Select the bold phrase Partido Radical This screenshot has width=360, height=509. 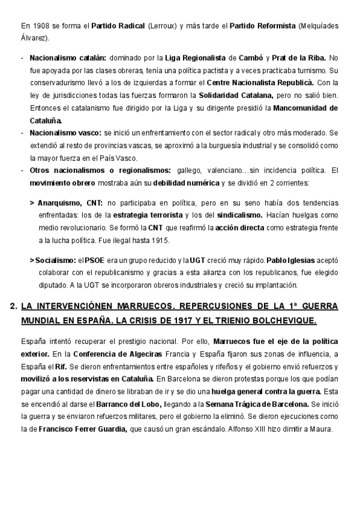click(x=118, y=26)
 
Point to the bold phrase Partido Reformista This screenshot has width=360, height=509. click(x=263, y=26)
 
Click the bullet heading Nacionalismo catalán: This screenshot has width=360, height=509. click(x=68, y=58)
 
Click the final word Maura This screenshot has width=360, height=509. click(x=328, y=429)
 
